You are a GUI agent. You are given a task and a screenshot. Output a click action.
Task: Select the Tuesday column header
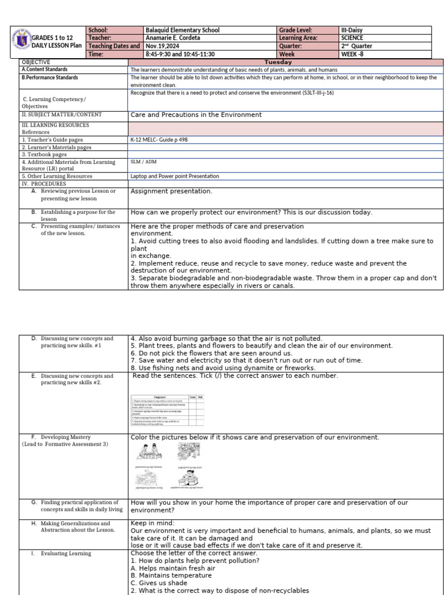(278, 62)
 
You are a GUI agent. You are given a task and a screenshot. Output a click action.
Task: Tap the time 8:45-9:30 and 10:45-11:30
(180, 54)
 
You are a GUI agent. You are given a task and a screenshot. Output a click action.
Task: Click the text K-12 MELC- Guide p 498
(159, 139)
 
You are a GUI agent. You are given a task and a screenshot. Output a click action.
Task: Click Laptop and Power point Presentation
(175, 176)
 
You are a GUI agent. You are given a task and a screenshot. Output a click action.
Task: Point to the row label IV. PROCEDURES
(44, 184)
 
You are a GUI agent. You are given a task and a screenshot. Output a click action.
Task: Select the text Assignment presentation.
(171, 191)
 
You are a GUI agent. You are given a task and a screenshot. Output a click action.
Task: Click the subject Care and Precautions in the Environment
(196, 115)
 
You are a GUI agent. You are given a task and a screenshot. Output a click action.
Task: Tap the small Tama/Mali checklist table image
(167, 410)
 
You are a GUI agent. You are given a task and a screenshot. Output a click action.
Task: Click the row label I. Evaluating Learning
(62, 554)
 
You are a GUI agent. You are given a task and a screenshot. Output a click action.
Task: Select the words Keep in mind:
(152, 524)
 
